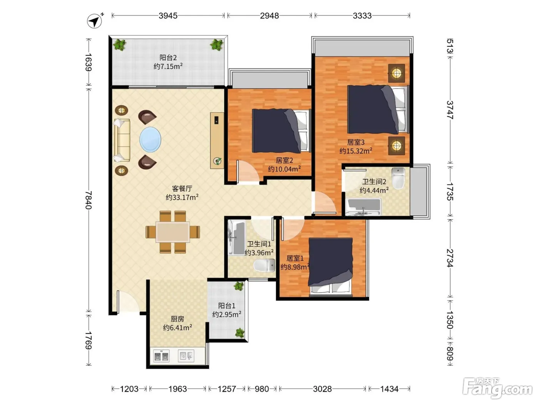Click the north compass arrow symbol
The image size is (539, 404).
tap(95, 21)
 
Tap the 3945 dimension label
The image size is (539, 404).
tap(168, 16)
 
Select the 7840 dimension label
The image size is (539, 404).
tap(89, 200)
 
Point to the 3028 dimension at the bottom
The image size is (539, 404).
tap(322, 389)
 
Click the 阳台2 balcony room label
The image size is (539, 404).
tap(168, 58)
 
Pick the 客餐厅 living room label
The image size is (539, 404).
tap(182, 189)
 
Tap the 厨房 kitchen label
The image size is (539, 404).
tap(177, 319)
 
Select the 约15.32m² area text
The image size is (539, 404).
tap(356, 150)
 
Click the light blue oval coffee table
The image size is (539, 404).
tap(150, 139)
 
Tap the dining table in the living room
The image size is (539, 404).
tap(172, 232)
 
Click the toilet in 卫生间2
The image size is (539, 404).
tap(398, 178)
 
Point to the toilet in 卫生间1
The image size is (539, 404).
tap(264, 265)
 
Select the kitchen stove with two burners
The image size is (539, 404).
tap(161, 356)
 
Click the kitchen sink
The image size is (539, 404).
tap(186, 356)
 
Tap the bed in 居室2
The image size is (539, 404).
tap(282, 131)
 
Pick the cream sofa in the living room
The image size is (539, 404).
tap(122, 140)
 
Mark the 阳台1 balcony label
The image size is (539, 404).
tap(227, 306)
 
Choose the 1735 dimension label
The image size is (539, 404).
tap(450, 192)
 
